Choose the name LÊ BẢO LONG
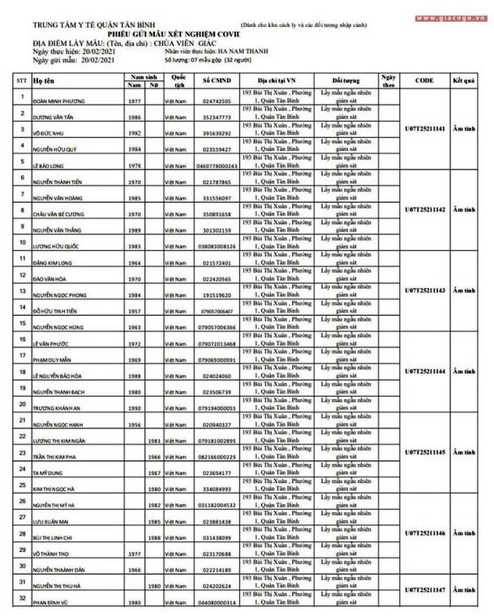point(54,165)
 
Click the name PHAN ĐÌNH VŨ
point(55,603)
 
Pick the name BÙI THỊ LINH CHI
point(59,539)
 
